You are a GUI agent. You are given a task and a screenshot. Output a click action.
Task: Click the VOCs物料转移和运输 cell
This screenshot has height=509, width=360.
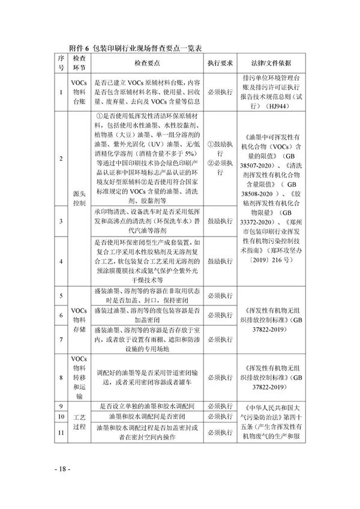point(79,376)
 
